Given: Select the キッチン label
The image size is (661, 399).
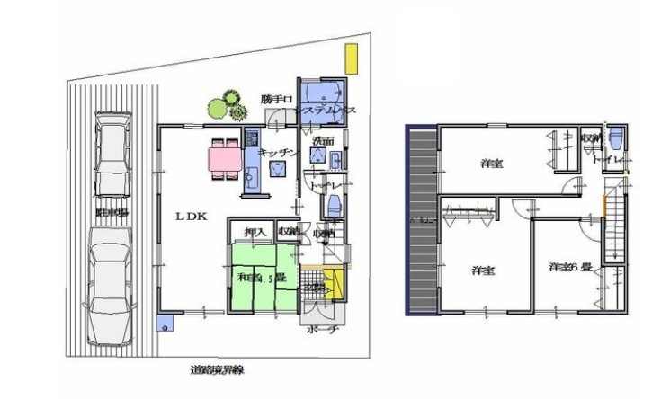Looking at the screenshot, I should tap(277, 153).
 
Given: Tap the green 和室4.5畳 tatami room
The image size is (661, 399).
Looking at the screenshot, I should tap(261, 279).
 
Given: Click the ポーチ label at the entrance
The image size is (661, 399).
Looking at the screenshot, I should tap(321, 330).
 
